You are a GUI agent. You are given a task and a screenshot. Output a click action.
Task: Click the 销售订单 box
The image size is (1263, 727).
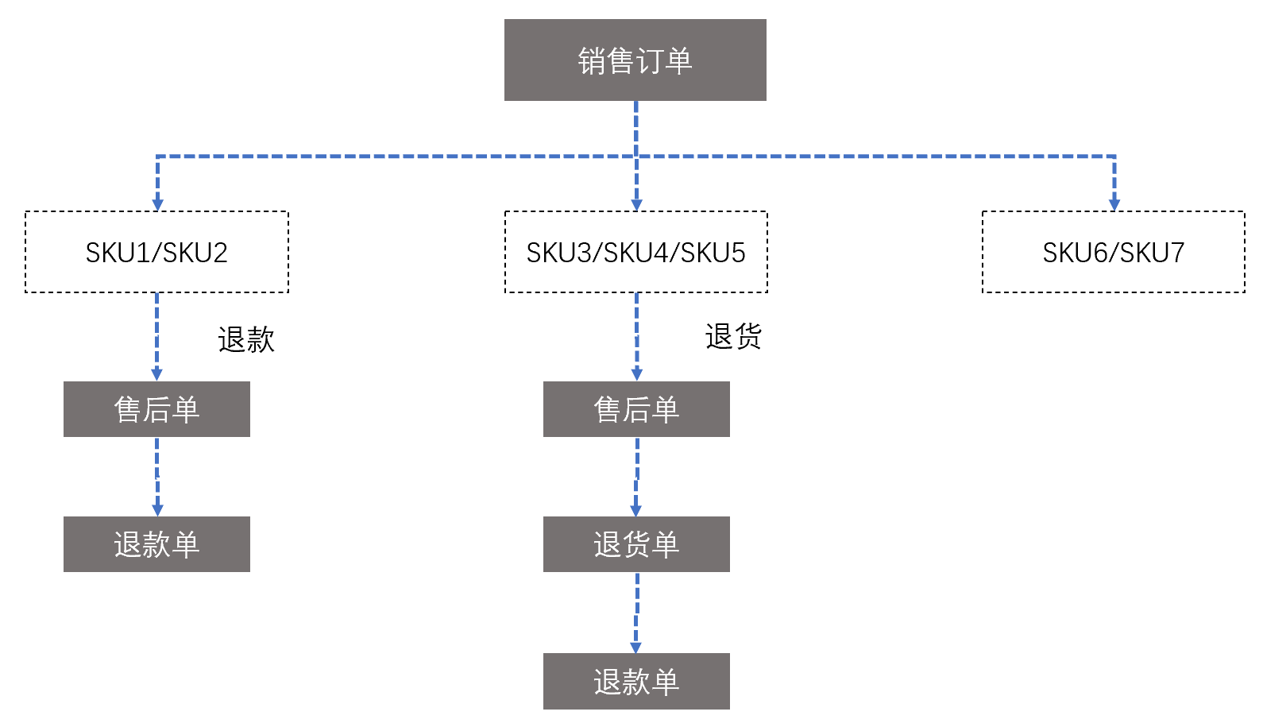635,60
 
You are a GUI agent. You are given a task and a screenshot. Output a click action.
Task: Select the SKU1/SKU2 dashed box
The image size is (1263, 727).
156,252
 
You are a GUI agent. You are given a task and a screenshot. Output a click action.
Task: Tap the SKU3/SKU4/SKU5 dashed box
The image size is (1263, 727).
635,252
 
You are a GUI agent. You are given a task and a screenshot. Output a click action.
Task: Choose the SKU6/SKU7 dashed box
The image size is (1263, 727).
1113,252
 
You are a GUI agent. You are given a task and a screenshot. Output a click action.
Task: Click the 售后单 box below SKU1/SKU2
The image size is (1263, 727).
156,409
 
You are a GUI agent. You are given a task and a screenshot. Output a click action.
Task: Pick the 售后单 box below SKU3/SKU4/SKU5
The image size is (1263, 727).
635,409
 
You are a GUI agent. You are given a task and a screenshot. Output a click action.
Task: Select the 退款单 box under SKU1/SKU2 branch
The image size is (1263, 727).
156,544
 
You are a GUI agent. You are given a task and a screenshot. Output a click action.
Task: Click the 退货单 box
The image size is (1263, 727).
635,544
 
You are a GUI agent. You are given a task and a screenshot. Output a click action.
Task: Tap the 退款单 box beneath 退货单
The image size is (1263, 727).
635,682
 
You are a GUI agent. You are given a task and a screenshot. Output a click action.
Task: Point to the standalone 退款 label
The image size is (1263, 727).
246,340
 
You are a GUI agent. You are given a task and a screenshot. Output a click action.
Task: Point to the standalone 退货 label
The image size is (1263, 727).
733,337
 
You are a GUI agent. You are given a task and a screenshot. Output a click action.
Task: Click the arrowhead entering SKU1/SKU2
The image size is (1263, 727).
157,204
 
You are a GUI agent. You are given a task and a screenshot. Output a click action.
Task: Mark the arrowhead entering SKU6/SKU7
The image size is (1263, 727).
1114,204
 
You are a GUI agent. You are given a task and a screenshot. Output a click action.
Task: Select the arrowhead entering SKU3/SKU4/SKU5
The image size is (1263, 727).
636,204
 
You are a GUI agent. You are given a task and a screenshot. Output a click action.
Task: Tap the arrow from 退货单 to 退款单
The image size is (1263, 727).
636,612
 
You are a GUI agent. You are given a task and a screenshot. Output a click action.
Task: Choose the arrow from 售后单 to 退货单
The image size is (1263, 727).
636,476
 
